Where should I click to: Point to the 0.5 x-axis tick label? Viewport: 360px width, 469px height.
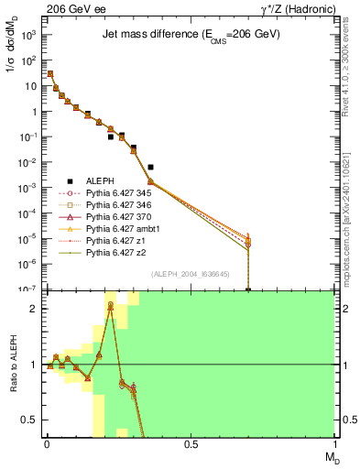(191, 444)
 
